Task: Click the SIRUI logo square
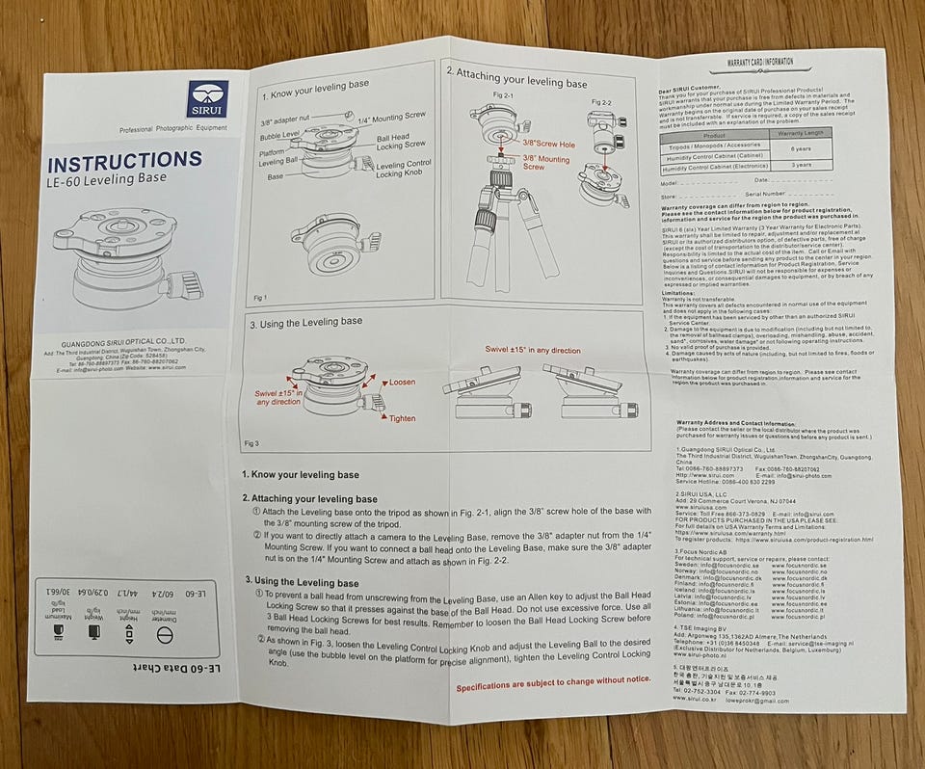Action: (x=208, y=99)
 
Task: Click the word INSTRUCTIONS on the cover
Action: (x=124, y=161)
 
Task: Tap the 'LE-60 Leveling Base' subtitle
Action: (x=107, y=179)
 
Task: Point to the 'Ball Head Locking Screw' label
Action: (x=401, y=138)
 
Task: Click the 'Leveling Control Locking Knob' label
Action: (x=403, y=169)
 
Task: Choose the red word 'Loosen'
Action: (x=401, y=383)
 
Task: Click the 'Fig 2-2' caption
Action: (x=601, y=101)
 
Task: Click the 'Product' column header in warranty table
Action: (x=714, y=136)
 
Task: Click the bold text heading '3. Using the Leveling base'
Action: (x=302, y=582)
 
